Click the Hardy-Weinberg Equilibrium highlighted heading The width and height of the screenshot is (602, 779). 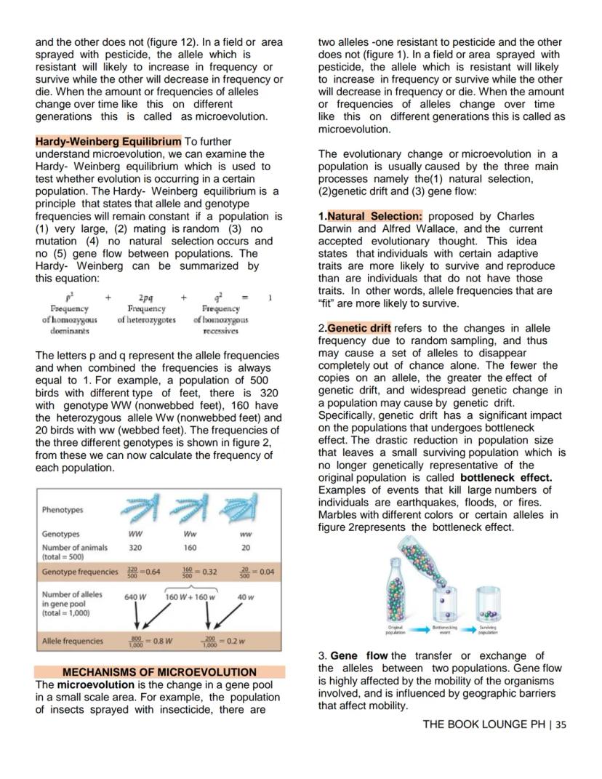click(108, 141)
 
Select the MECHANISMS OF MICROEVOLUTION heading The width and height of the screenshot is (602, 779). click(159, 672)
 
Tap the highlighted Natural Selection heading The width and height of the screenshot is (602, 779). click(374, 217)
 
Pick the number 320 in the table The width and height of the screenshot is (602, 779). click(135, 547)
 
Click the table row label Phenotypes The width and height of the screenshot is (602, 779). click(63, 510)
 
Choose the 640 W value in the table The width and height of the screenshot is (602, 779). click(136, 597)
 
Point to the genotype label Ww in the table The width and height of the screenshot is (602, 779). click(190, 534)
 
